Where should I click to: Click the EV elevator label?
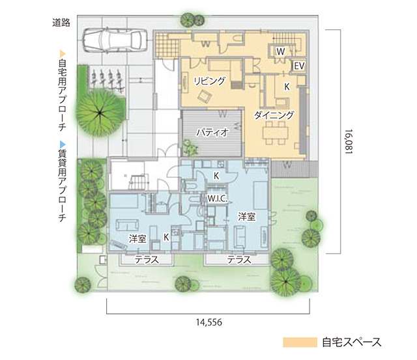299,66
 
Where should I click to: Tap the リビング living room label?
210,81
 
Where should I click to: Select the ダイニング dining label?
274,115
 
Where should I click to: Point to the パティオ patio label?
212,132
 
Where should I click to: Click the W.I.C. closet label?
218,199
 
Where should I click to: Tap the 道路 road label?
61,23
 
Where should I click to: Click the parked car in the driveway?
115,40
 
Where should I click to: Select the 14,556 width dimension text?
209,322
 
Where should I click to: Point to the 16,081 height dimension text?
349,141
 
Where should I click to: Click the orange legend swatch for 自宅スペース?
300,342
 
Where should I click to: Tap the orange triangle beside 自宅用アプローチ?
63,53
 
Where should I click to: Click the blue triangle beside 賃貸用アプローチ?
63,145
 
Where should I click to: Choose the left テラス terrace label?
147,260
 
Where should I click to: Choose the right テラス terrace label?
239,260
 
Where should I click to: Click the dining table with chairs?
275,133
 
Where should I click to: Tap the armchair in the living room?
204,96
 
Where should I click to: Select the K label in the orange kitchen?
287,87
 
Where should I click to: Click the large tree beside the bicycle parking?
100,113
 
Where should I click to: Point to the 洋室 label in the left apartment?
137,239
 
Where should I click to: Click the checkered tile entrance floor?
167,45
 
